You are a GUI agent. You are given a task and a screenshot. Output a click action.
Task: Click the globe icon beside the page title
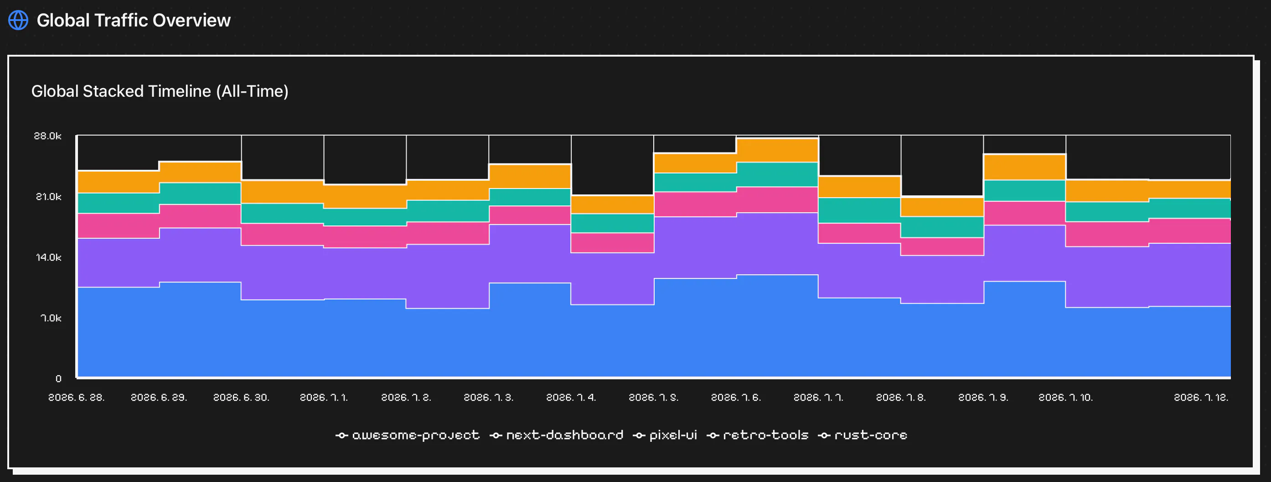tap(18, 20)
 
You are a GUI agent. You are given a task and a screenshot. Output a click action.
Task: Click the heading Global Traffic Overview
tap(134, 20)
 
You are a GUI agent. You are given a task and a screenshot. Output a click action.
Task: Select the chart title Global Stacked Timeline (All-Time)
tap(160, 91)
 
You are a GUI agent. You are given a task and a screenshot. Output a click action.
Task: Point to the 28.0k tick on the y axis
tap(48, 136)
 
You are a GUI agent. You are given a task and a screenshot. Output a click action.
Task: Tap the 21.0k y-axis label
tap(48, 197)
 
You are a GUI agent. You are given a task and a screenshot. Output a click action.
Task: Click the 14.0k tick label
tap(48, 257)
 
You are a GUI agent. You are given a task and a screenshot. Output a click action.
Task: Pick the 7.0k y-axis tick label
tap(51, 318)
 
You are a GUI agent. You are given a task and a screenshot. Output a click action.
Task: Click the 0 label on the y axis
tap(59, 379)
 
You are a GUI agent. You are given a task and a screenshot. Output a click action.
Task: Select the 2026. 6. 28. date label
tap(77, 398)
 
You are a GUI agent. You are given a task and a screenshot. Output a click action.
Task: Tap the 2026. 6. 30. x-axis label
tap(241, 398)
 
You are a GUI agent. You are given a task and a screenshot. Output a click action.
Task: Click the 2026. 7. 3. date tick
tap(488, 398)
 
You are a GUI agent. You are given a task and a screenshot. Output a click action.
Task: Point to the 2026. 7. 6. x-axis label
tap(736, 398)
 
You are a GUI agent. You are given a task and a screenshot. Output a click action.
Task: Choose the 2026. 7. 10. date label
tap(1066, 398)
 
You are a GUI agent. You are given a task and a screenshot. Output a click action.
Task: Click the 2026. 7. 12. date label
tap(1201, 398)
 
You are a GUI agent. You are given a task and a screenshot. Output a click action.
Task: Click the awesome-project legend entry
tap(408, 435)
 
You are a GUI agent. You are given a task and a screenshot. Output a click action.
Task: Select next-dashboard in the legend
tap(557, 435)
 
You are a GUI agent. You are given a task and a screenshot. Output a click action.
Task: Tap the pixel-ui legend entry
tap(665, 435)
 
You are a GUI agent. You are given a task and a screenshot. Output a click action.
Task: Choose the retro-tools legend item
tap(757, 435)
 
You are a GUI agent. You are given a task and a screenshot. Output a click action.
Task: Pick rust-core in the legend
tap(863, 435)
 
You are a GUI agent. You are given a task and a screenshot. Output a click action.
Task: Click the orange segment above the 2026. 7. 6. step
tap(777, 150)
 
